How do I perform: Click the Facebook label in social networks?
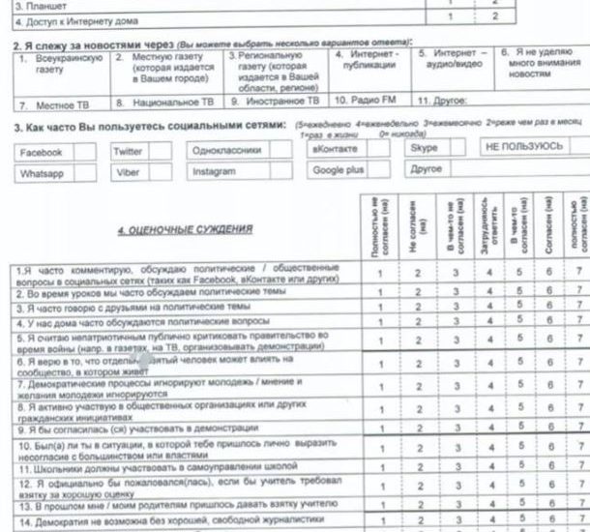point(41,153)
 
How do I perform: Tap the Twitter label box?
point(128,152)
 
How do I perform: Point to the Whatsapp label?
point(43,174)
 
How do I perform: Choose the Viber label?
point(128,173)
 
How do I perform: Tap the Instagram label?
point(213,171)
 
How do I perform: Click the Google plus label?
point(338,169)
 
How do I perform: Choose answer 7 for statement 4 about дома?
point(578,320)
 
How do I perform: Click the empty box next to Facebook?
point(84,152)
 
